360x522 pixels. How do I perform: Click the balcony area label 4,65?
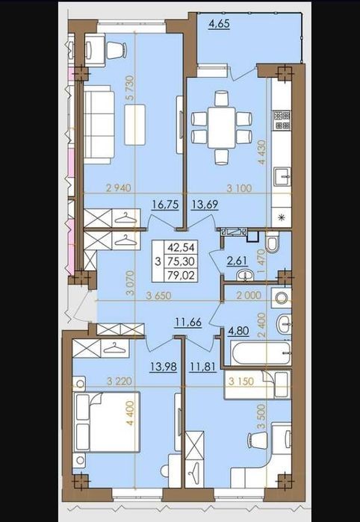(x=219, y=25)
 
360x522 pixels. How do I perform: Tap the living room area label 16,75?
(x=166, y=205)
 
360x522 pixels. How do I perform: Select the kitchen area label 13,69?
(x=205, y=205)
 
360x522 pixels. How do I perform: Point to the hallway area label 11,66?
(x=188, y=323)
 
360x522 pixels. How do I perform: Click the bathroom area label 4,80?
(x=238, y=332)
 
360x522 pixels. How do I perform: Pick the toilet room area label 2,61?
(x=237, y=261)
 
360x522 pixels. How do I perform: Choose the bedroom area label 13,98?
(x=163, y=367)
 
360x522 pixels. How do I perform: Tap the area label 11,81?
(x=203, y=367)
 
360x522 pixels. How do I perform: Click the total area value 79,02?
(x=181, y=275)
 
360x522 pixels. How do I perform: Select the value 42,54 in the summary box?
(x=181, y=247)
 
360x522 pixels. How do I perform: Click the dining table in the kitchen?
(x=222, y=127)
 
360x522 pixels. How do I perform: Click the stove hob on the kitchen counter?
(x=282, y=120)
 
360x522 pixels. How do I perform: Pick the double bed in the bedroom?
(x=106, y=422)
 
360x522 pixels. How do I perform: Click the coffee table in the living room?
(x=135, y=125)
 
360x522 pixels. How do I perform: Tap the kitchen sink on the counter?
(x=282, y=177)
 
